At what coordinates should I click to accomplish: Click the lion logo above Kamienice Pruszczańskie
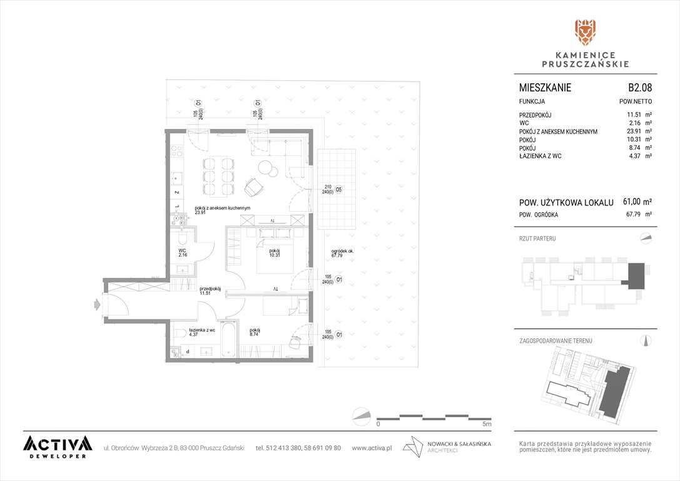click(586, 32)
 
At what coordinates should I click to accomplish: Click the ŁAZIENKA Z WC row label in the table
click(540, 156)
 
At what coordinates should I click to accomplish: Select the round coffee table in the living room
click(267, 168)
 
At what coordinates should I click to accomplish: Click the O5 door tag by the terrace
click(338, 190)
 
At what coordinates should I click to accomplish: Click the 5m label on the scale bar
click(487, 424)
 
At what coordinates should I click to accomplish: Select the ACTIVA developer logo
click(58, 447)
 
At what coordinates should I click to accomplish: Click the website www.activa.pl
click(372, 448)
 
